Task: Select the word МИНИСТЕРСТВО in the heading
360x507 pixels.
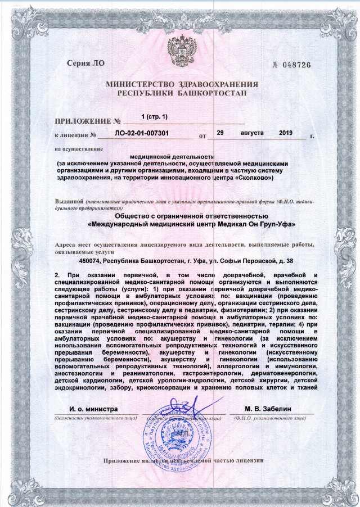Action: (x=139, y=84)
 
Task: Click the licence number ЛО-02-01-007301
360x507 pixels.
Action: (x=143, y=134)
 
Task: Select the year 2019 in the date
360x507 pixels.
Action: (x=286, y=133)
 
